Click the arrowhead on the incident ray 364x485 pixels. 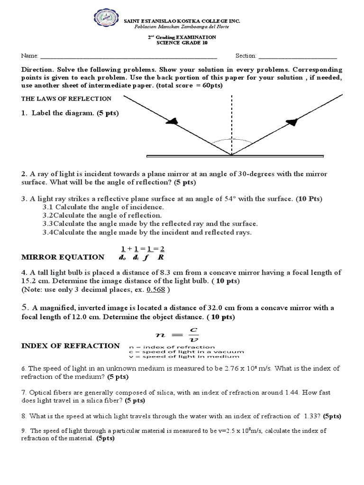(x=175, y=121)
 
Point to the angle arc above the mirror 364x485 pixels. (x=231, y=140)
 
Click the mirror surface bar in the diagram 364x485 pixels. (x=235, y=156)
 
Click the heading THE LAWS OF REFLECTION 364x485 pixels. (x=66, y=99)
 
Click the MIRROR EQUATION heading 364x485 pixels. (x=63, y=257)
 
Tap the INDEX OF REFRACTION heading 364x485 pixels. (x=71, y=346)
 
